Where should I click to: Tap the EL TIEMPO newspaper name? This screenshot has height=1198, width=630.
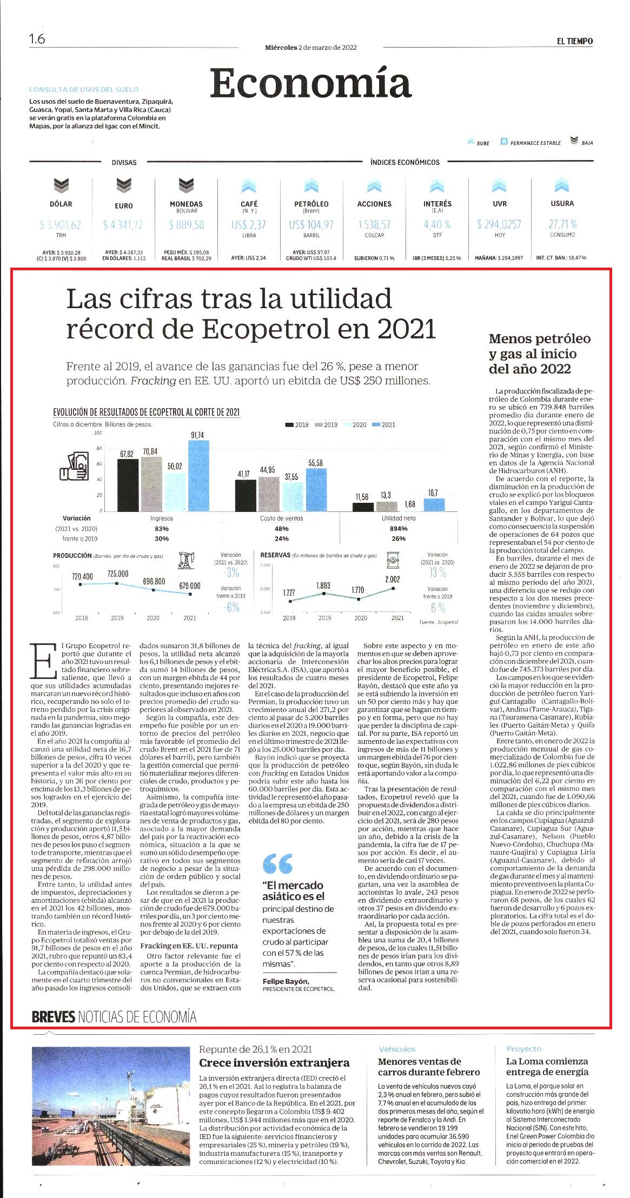(575, 41)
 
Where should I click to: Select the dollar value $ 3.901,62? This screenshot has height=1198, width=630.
(61, 224)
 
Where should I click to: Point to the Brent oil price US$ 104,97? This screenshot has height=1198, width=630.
(311, 224)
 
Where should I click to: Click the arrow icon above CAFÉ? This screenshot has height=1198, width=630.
(249, 186)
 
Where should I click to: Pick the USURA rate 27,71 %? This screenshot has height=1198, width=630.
(562, 224)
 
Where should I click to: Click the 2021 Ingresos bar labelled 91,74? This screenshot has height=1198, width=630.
(198, 475)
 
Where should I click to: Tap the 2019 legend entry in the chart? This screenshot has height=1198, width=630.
(327, 424)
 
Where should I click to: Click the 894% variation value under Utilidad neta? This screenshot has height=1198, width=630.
(399, 528)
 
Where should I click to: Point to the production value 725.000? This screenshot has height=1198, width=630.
(118, 574)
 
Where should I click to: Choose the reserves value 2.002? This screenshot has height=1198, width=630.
(393, 579)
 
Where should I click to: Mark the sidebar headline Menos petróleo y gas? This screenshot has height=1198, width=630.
(540, 354)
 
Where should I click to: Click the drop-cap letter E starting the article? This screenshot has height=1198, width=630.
(44, 660)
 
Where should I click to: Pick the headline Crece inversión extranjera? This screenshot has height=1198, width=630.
(274, 1063)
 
